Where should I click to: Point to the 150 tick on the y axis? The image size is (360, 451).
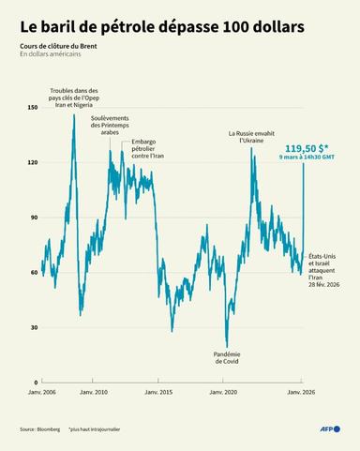tap(33, 108)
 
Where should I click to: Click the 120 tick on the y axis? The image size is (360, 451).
tap(33, 163)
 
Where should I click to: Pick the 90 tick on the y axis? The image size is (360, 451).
tap(34, 218)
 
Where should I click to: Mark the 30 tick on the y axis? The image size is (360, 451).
tap(34, 327)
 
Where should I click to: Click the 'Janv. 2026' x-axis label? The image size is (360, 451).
tap(299, 392)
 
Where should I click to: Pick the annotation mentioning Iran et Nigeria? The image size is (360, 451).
tap(73, 98)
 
